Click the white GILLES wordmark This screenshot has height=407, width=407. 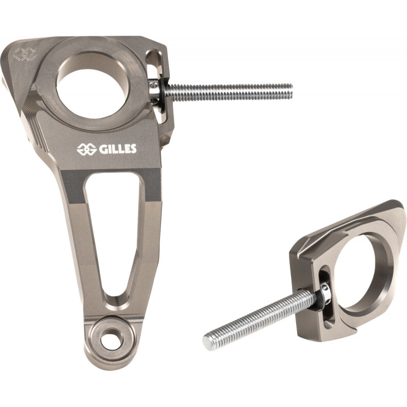[118, 149]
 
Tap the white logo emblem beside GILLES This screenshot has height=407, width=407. [86, 150]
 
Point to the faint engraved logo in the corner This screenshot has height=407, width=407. [24, 54]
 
